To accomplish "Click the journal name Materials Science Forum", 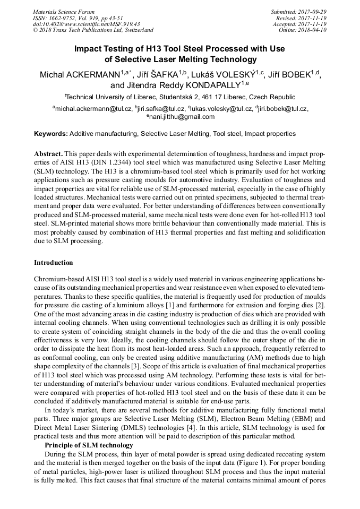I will pyautogui.click(x=64, y=12).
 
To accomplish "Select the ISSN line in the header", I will pyautogui.click(x=81, y=18).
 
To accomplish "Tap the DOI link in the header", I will pyautogui.click(x=86, y=24).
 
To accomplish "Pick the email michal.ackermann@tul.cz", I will pyautogui.click(x=93, y=108).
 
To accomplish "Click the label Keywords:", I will pyautogui.click(x=51, y=134).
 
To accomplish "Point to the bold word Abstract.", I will pyautogui.click(x=48, y=152).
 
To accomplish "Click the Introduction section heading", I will pyautogui.click(x=53, y=263).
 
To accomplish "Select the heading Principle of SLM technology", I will pyautogui.click(x=89, y=445).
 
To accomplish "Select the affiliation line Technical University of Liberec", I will pyautogui.click(x=180, y=97).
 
